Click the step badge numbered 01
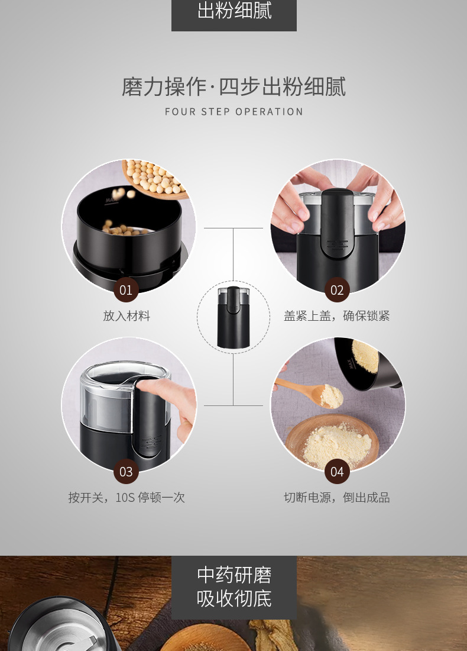(x=126, y=290)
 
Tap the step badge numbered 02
(x=337, y=290)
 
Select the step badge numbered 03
(x=126, y=472)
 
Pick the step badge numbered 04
(x=337, y=472)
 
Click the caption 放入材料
(x=127, y=316)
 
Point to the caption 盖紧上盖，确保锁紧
(x=337, y=316)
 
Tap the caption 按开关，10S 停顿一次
(x=127, y=497)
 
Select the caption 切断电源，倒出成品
(x=337, y=497)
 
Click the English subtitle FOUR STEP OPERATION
(x=234, y=112)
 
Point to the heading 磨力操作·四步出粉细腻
(x=234, y=86)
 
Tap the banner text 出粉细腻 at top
(x=234, y=11)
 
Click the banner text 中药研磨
(x=234, y=575)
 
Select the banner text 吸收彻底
(x=234, y=598)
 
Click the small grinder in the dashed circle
(x=234, y=317)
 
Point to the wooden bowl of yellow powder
(x=332, y=443)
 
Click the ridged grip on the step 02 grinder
(x=337, y=244)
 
